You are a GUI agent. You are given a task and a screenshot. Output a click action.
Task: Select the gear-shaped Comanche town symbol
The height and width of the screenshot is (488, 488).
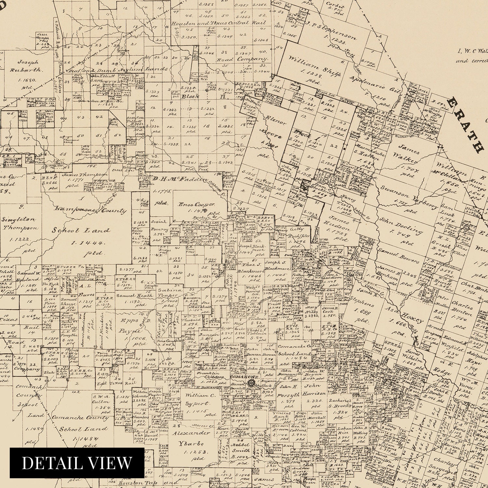pos(251,383)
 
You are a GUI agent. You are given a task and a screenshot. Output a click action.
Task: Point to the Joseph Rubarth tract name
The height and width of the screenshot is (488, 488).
pos(30,66)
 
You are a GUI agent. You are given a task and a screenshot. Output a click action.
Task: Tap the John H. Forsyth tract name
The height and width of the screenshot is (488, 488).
pos(288,391)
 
